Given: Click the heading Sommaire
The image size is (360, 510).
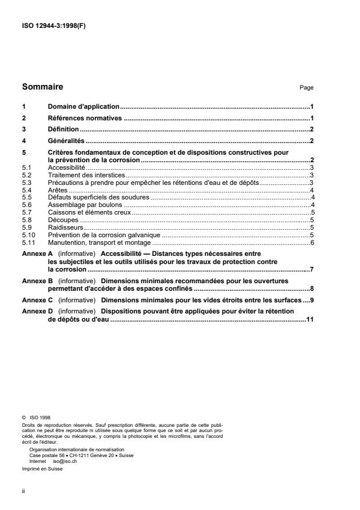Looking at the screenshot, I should [x=42, y=87].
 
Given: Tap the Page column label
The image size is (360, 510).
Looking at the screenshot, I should [x=306, y=88].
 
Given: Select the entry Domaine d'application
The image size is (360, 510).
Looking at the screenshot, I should [x=83, y=107].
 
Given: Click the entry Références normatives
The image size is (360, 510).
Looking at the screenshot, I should [x=85, y=118].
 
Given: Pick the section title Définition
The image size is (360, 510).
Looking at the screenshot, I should [x=63, y=129].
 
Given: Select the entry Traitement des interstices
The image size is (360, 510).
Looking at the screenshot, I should [x=87, y=175].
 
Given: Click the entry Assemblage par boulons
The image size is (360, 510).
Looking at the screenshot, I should [x=85, y=205].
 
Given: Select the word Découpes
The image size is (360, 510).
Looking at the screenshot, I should [x=63, y=220].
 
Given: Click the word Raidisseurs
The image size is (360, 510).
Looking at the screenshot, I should [x=66, y=228].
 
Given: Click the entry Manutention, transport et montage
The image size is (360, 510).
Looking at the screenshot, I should [x=99, y=242].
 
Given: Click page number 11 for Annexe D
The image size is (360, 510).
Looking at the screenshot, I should [x=309, y=319].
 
